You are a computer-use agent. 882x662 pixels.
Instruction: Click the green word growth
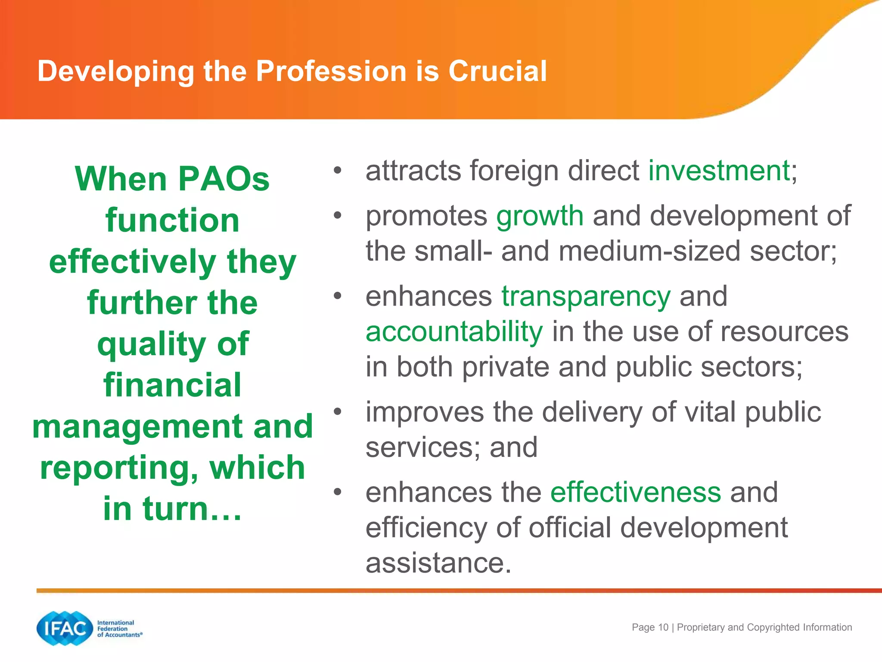pyautogui.click(x=540, y=216)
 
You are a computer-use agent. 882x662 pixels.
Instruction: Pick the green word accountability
pyautogui.click(x=454, y=332)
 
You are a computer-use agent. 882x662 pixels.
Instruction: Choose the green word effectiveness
pyautogui.click(x=636, y=493)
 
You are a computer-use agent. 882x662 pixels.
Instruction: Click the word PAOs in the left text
pyautogui.click(x=223, y=179)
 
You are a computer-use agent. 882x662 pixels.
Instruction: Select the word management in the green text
pyautogui.click(x=137, y=427)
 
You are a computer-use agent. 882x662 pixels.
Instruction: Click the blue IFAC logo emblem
pyautogui.click(x=65, y=628)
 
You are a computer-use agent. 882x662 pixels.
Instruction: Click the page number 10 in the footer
pyautogui.click(x=663, y=628)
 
